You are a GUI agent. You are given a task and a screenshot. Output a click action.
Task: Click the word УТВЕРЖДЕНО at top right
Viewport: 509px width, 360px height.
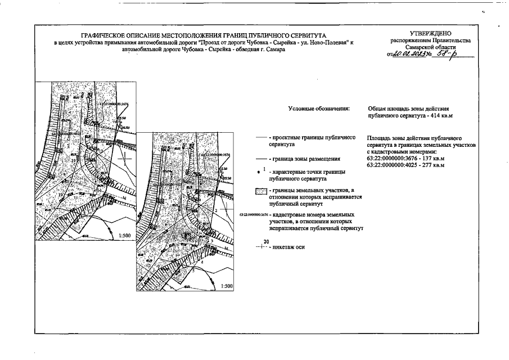click(x=431, y=34)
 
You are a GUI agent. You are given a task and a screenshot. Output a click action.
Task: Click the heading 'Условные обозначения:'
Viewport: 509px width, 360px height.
click(x=318, y=107)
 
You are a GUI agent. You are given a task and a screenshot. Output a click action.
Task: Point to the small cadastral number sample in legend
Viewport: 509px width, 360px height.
click(x=253, y=215)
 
